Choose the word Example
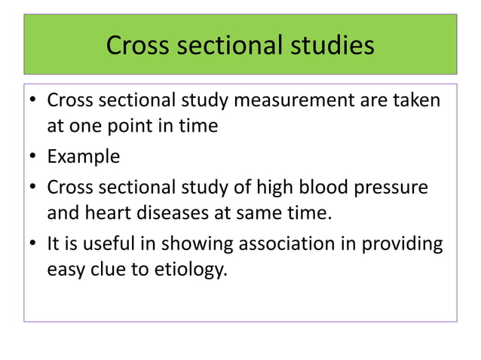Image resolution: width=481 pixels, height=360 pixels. (83, 157)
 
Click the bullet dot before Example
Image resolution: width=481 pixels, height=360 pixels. (33, 157)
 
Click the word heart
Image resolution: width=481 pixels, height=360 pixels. (106, 214)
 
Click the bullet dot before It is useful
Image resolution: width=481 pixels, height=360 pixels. (33, 245)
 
